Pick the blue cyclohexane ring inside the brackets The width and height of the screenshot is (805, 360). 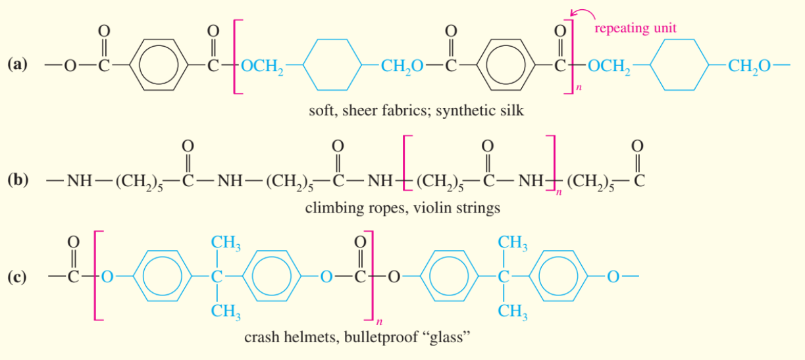(x=334, y=65)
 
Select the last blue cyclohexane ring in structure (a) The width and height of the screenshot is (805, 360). (x=680, y=65)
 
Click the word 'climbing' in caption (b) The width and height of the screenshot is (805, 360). (x=332, y=209)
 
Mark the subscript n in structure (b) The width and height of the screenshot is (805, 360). (x=556, y=193)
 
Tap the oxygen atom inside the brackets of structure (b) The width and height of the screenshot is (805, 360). (x=487, y=144)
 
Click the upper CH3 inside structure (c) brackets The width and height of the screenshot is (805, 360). (x=226, y=244)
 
